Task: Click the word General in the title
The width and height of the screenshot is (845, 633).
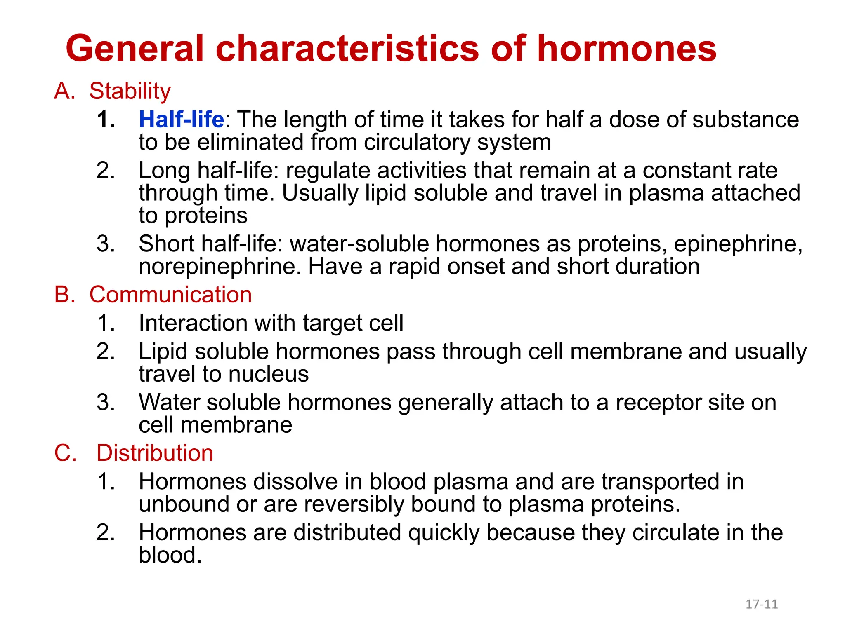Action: pos(135,49)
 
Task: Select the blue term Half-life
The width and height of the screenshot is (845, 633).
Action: pos(182,120)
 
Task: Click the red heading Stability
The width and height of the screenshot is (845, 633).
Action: pos(130,91)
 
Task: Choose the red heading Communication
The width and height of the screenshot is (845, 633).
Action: pos(170,295)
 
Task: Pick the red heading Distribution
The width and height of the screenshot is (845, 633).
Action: pos(155,453)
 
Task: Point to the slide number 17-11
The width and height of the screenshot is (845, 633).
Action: pos(761,604)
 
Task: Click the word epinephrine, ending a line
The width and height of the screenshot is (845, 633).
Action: pos(738,244)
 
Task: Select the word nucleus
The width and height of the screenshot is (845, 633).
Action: pos(269,374)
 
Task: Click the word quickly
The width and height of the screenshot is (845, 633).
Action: pos(444,533)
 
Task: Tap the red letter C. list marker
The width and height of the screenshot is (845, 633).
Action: pos(65,453)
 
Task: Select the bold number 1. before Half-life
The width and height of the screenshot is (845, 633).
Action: pos(106,120)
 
